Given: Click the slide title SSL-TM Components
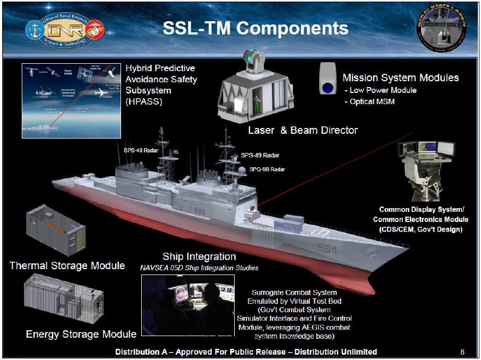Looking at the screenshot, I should pyautogui.click(x=255, y=28).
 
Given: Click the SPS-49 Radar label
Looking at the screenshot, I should pyautogui.click(x=260, y=156).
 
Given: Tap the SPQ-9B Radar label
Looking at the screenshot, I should pyautogui.click(x=267, y=169).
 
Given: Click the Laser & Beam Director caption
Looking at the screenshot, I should pyautogui.click(x=303, y=130).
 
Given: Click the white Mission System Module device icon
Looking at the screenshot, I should pyautogui.click(x=328, y=79).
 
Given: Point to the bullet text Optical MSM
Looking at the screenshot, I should pyautogui.click(x=372, y=101).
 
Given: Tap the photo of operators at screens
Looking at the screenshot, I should pyautogui.click(x=188, y=306).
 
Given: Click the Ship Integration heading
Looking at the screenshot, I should pyautogui.click(x=199, y=257).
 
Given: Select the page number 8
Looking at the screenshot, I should pyautogui.click(x=462, y=352).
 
